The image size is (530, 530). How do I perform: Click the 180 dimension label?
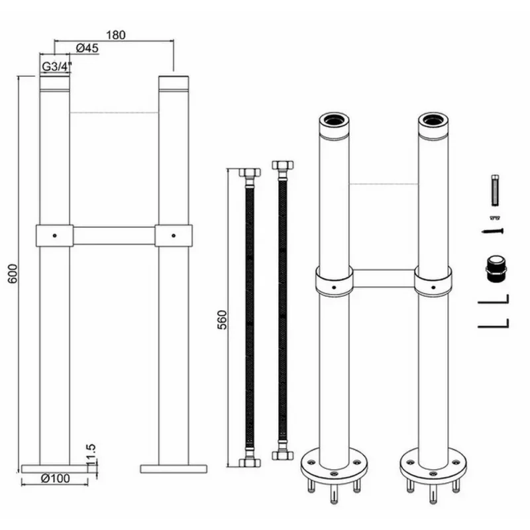[x=115, y=35]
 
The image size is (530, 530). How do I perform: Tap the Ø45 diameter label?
[x=87, y=48]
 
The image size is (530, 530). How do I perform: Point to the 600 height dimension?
[x=12, y=274]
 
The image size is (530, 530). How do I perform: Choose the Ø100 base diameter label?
[x=55, y=478]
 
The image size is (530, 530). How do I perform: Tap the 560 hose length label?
[x=223, y=320]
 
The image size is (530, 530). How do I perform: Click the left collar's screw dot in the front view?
[x=55, y=236]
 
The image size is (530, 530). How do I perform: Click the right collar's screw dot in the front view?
[x=174, y=236]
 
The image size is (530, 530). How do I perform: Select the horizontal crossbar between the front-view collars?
[x=114, y=236]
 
